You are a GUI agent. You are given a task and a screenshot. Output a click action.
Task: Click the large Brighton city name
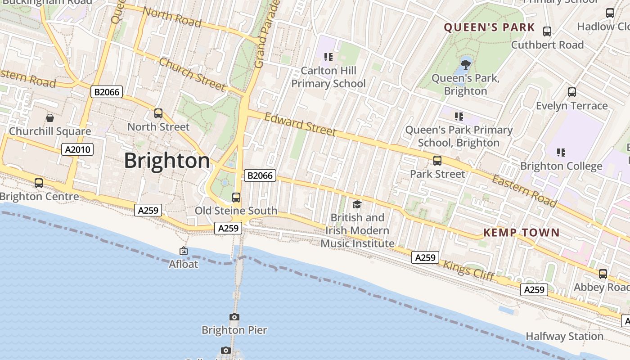(x=167, y=161)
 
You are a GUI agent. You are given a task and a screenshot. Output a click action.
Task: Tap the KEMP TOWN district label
(x=521, y=233)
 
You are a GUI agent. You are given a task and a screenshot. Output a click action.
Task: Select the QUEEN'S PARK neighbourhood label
(x=490, y=27)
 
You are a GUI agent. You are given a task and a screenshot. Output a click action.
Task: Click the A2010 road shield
(x=77, y=149)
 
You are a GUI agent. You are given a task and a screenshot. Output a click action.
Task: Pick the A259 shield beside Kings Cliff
(x=425, y=257)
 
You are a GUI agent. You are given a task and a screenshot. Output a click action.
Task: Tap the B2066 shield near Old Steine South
(x=260, y=175)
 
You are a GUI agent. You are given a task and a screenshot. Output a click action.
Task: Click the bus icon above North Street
(x=158, y=113)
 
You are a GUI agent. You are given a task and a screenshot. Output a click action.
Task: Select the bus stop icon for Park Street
(x=437, y=161)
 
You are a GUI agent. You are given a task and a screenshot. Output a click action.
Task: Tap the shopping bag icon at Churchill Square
(x=50, y=118)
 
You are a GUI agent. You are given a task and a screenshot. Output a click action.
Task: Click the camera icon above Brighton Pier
(x=234, y=317)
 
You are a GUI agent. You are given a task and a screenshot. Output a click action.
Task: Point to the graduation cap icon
(x=357, y=205)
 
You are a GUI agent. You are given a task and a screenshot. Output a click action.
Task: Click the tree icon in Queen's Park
(x=466, y=64)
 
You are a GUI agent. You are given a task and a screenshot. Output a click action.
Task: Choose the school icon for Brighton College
(x=561, y=153)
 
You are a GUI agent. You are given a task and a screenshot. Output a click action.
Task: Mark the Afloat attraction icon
(x=184, y=251)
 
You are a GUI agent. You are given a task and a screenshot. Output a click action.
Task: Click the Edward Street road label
(x=300, y=124)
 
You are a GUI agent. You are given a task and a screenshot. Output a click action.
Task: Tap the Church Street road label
(x=192, y=74)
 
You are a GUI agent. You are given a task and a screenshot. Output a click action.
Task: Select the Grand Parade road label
(x=267, y=34)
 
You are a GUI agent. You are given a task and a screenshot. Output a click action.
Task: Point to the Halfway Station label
(x=564, y=336)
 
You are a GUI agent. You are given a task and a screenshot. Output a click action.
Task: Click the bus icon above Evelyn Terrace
(x=572, y=92)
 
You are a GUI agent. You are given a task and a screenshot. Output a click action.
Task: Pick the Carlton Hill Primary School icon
(x=328, y=57)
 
